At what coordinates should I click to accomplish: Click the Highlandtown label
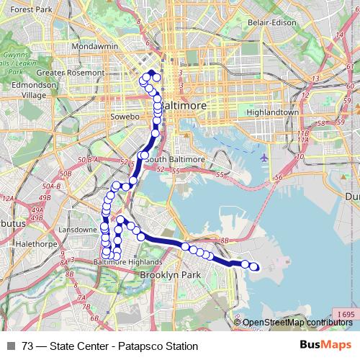[x=272, y=112]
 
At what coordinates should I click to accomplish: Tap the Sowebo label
[x=122, y=115]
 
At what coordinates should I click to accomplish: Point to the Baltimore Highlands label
[x=127, y=263]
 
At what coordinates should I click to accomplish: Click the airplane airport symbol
[x=266, y=157]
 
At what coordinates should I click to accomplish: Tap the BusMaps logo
[x=326, y=345]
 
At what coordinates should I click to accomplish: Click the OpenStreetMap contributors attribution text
[x=299, y=322]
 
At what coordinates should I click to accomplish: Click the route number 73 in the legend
[x=28, y=346]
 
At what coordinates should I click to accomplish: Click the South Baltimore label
[x=176, y=159]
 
